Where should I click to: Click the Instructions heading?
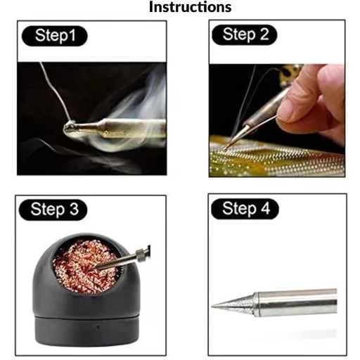pyautogui.click(x=190, y=7)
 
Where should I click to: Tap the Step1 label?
pyautogui.click(x=56, y=36)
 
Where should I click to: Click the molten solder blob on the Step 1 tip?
pyautogui.click(x=70, y=127)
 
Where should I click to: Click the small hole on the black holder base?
pyautogui.click(x=98, y=326)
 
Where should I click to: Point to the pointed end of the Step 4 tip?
pyautogui.click(x=212, y=306)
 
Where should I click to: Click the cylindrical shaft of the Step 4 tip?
pyautogui.click(x=297, y=303)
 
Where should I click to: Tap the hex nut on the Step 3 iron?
pyautogui.click(x=140, y=254)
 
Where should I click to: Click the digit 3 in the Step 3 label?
pyautogui.click(x=74, y=209)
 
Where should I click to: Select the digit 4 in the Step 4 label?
pyautogui.click(x=266, y=208)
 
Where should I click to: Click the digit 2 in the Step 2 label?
pyautogui.click(x=264, y=34)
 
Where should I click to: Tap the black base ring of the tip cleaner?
pyautogui.click(x=86, y=331)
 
